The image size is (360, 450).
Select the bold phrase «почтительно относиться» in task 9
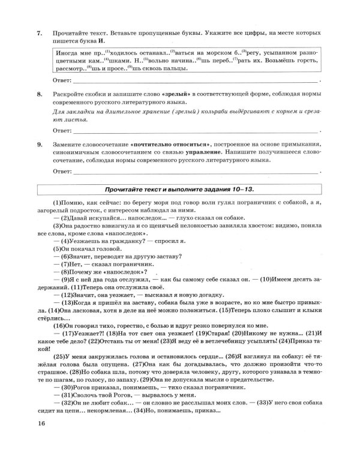(x=168, y=145)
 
